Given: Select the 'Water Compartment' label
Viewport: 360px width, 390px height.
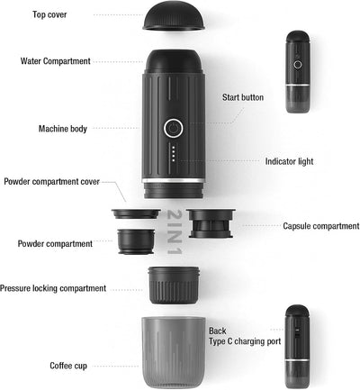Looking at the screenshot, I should tap(55, 61).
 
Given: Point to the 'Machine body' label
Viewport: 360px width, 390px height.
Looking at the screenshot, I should tap(63, 129).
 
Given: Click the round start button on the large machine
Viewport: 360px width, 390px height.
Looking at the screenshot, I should tap(173, 127).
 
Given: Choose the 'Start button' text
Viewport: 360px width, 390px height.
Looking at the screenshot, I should tap(242, 96).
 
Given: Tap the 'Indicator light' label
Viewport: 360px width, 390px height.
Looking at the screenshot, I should tap(289, 162).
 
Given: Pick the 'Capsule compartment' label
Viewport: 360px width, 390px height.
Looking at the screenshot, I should tap(320, 226).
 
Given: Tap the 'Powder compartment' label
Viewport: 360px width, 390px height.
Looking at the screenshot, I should tap(55, 243).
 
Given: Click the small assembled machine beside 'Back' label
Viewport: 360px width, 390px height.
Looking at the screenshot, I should tap(297, 346).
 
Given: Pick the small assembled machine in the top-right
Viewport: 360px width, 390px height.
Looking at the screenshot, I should tap(297, 72).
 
